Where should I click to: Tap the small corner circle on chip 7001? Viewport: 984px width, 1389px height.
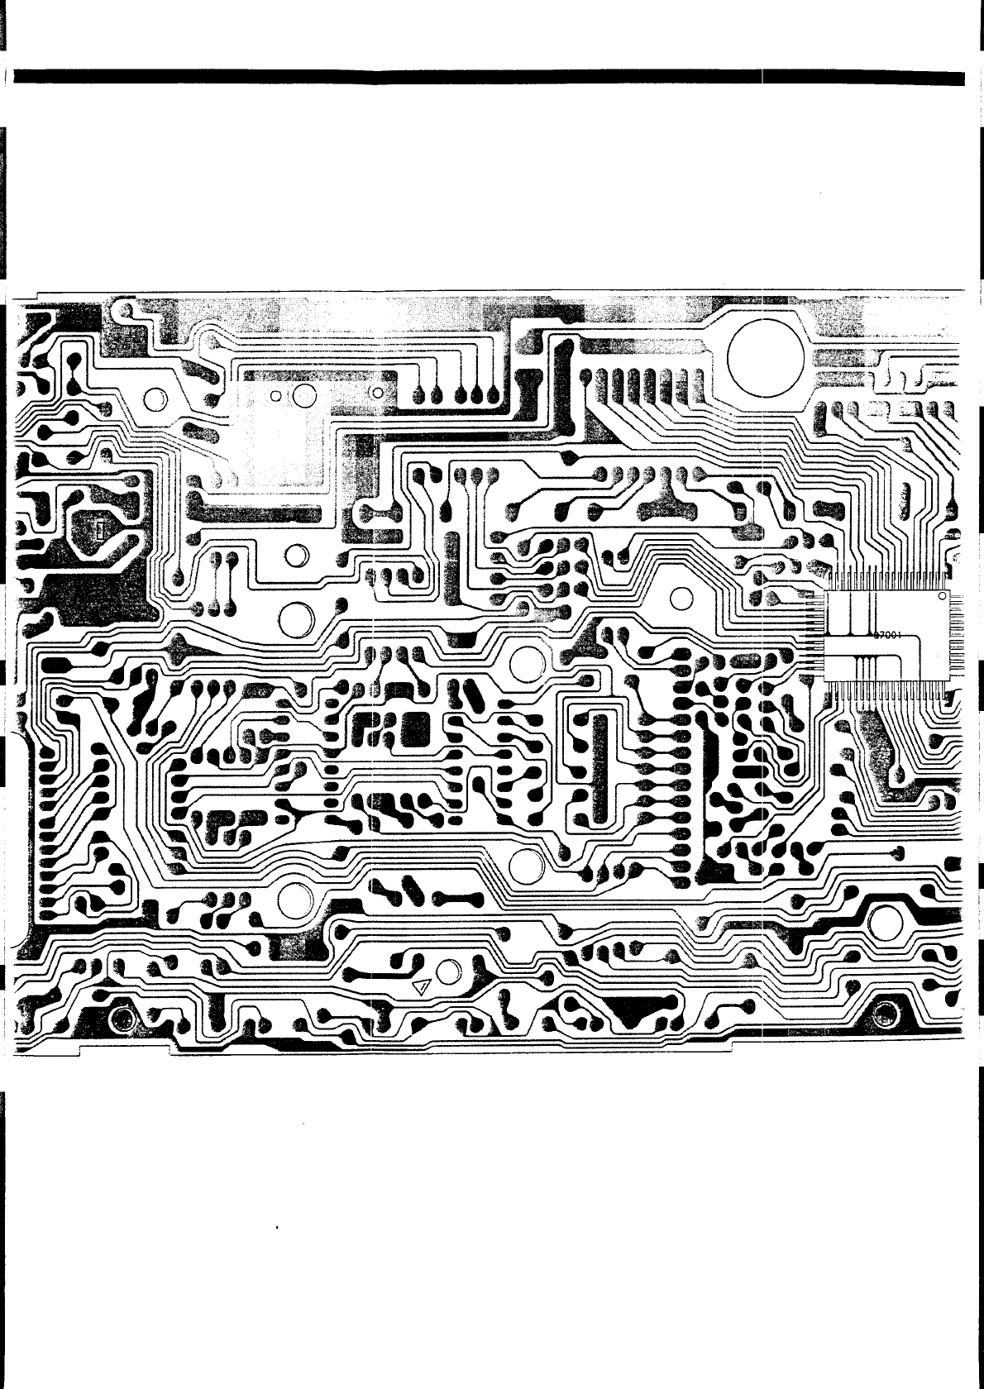[941, 596]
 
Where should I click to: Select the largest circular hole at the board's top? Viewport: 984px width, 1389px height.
[765, 359]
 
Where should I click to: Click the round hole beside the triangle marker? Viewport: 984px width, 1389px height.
[450, 972]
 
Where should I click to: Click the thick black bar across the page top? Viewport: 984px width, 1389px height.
[488, 78]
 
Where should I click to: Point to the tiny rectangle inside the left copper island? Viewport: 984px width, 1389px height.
[97, 529]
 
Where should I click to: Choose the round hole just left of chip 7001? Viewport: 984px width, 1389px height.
[681, 597]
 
